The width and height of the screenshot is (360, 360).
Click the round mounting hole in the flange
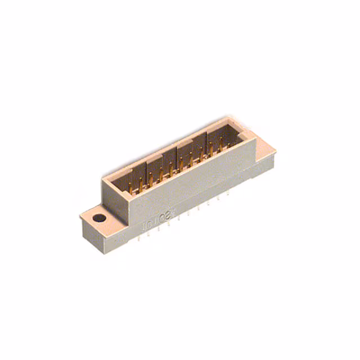click(x=99, y=219)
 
